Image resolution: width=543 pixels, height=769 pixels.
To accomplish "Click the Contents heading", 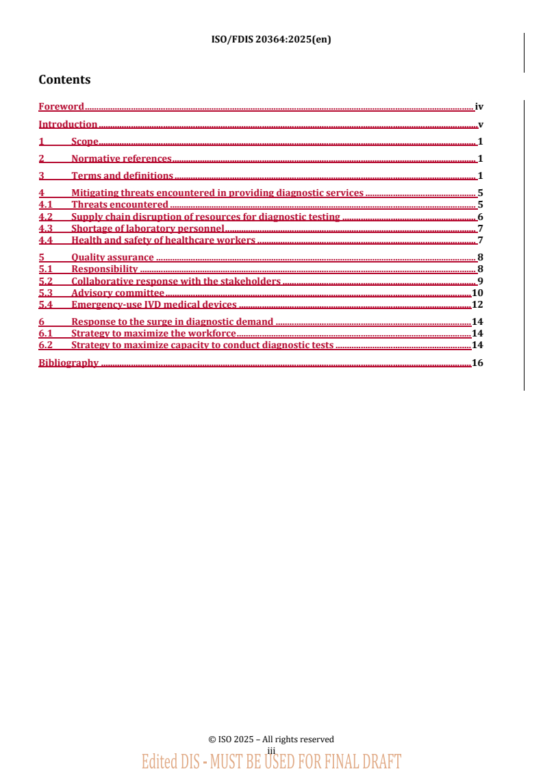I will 64,80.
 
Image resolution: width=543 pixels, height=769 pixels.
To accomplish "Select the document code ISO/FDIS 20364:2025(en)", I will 271,39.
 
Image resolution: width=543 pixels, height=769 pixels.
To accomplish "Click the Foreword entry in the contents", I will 61,106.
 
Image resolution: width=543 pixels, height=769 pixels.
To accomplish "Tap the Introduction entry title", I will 68,124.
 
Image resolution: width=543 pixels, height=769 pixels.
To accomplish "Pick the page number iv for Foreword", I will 479,106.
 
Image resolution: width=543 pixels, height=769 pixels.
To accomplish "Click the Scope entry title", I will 85,141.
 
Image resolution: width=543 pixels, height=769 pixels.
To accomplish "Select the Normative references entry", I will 121,158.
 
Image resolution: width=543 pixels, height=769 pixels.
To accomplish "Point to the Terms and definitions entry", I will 122,175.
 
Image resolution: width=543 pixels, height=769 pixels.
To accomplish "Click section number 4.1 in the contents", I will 45,204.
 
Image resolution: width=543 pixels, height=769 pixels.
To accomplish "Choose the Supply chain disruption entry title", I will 205,217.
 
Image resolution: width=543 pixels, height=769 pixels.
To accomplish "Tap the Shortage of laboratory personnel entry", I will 147,228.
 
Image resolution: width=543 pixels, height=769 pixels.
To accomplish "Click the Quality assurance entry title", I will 112,257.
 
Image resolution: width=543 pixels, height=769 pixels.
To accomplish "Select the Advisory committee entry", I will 117,293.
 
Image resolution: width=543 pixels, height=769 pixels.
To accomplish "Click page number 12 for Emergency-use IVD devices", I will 478,304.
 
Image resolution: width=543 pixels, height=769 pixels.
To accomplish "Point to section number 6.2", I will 45,345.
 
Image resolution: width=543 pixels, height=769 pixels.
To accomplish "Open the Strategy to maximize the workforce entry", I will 153,333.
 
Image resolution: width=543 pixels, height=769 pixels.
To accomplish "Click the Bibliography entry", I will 68,363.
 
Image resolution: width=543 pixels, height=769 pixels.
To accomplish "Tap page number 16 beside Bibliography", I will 478,363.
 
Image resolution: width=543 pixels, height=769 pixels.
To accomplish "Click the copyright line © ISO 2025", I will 271,739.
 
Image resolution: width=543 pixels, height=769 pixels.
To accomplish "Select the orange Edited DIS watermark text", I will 271,761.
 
